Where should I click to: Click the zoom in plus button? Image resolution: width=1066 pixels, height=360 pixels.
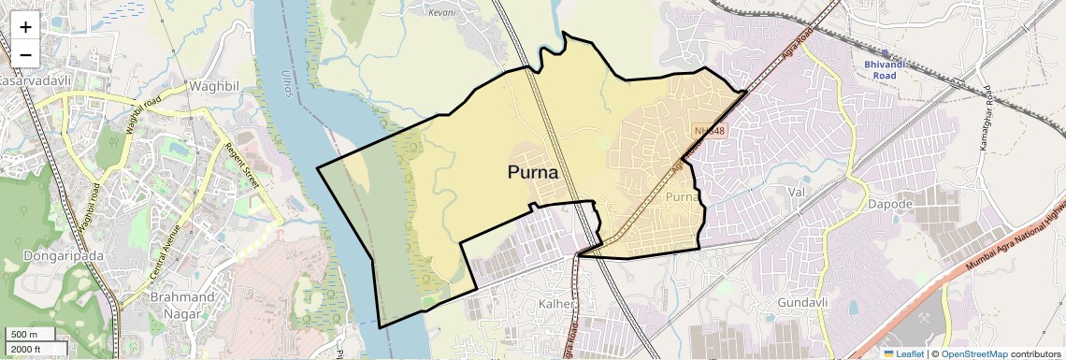25,27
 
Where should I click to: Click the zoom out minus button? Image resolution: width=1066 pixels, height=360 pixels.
25,54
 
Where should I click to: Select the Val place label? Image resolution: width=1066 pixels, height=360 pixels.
797,192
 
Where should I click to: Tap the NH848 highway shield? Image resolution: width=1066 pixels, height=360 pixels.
710,131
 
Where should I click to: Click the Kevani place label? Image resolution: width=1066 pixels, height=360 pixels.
440,13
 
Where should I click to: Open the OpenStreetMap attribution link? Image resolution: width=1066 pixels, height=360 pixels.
973,353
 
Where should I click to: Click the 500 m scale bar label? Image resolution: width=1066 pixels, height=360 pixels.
24,335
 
